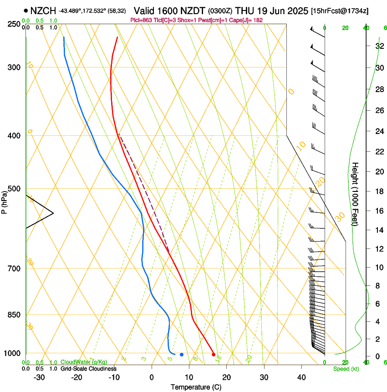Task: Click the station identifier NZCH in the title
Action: coord(43,10)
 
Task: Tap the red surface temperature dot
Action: coord(214,354)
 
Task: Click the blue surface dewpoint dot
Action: coord(182,354)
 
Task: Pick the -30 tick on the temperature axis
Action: coord(39,377)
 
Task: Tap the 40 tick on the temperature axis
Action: coord(301,377)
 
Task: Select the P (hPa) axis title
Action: coord(5,201)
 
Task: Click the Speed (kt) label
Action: coord(346,369)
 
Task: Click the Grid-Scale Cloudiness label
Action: coord(88,368)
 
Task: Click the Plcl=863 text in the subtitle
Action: coord(142,20)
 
